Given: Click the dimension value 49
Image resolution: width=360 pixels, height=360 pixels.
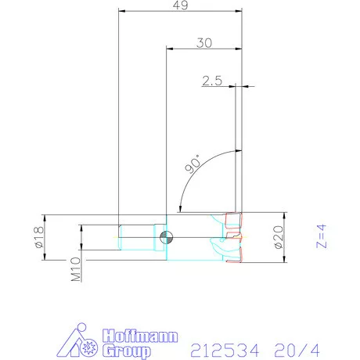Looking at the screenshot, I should coord(179,6).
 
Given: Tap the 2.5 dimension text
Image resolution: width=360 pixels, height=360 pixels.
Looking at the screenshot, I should coord(213,80).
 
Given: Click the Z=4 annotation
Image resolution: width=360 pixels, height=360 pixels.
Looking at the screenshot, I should coord(319,236).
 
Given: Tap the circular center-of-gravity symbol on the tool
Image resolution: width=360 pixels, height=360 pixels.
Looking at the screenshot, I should coord(165,237).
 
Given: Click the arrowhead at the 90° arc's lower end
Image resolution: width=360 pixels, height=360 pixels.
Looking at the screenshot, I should coord(182,209).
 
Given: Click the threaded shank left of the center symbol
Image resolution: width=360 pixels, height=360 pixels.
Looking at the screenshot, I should coord(141,237).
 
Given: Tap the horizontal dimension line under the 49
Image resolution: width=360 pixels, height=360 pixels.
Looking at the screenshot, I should coord(179,13).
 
